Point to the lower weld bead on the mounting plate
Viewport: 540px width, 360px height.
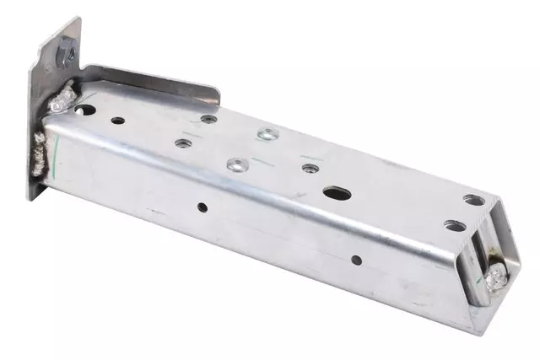[40, 152]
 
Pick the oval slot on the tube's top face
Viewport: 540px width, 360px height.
[337, 193]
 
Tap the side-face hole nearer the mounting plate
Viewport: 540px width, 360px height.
[202, 206]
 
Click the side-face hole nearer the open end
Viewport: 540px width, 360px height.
[356, 260]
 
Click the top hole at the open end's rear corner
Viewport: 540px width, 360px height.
[474, 201]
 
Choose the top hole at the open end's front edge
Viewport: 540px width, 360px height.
[455, 226]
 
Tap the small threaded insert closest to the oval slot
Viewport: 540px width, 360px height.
[310, 169]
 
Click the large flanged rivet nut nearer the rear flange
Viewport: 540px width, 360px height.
[267, 133]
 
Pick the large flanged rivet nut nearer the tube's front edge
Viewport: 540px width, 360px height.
[235, 164]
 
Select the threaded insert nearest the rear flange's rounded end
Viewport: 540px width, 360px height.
[208, 119]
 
